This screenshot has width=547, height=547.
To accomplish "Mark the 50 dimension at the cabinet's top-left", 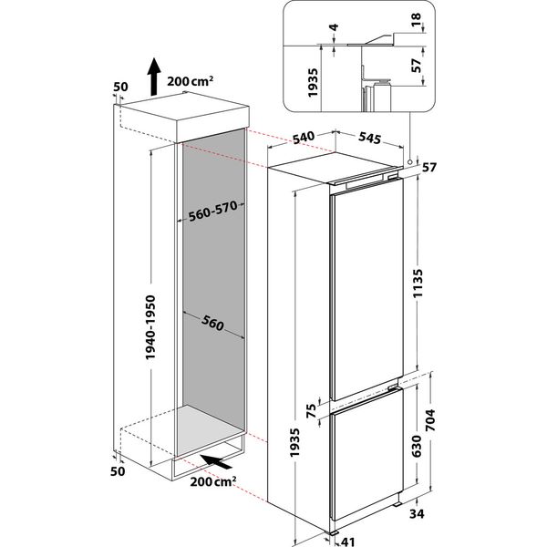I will tap(118, 88).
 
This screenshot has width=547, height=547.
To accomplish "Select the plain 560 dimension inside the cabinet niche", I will tap(212, 324).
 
